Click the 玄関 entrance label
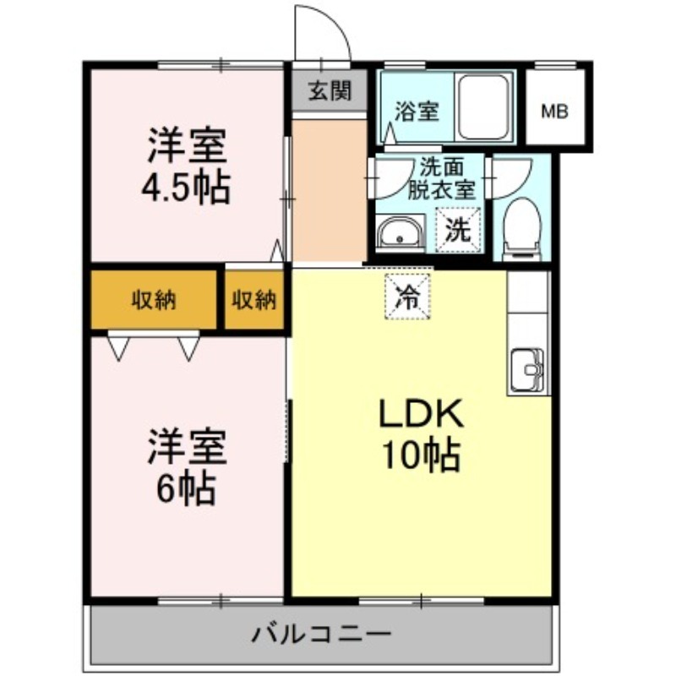click(x=330, y=91)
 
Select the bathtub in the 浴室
click(x=482, y=106)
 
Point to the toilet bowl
click(x=521, y=229)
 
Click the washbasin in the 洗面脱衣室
click(x=399, y=232)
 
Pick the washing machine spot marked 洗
click(x=458, y=230)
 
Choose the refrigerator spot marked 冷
click(x=408, y=297)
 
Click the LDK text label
click(x=421, y=413)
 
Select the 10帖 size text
click(x=421, y=455)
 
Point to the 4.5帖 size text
click(x=186, y=188)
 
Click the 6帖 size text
click(x=186, y=489)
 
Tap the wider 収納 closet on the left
click(x=154, y=300)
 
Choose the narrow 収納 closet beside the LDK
click(x=254, y=300)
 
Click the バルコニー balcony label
click(x=321, y=634)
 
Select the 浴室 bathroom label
click(x=417, y=112)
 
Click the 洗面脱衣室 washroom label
click(x=442, y=178)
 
